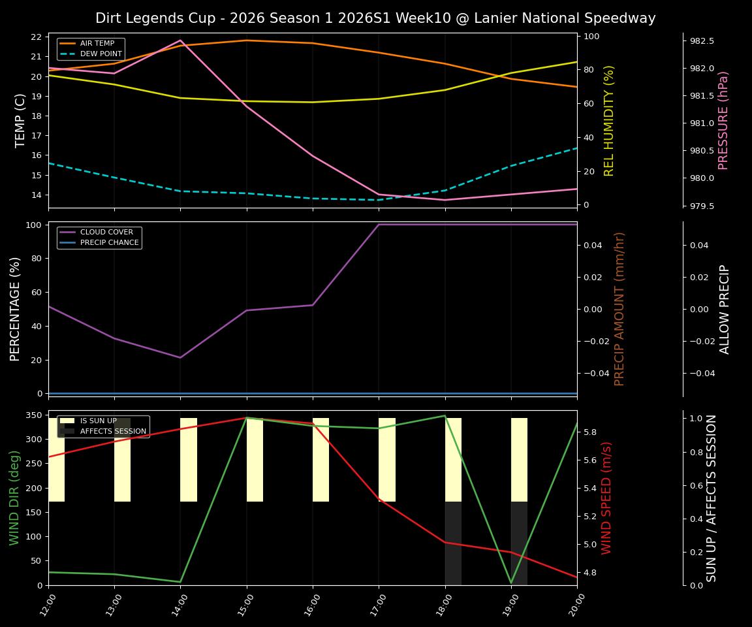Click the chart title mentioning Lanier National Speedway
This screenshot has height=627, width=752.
[x=375, y=18]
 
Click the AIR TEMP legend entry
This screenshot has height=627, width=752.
[x=97, y=44]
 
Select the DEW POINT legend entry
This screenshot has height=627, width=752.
[x=101, y=54]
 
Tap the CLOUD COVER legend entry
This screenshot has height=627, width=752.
[x=106, y=233]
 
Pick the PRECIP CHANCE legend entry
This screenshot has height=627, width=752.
[x=109, y=243]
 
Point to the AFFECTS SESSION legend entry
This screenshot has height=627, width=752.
[x=113, y=431]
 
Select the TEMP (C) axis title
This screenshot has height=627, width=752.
[x=20, y=120]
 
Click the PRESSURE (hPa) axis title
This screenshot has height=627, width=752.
[x=723, y=120]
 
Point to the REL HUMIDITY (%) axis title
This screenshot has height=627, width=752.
[x=609, y=120]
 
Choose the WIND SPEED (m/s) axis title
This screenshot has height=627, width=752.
[x=607, y=498]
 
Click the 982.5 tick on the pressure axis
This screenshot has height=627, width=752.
[x=702, y=41]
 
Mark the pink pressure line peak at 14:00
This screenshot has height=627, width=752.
[x=181, y=40]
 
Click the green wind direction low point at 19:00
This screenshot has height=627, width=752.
[x=511, y=583]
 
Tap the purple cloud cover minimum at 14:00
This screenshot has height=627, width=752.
[x=181, y=357]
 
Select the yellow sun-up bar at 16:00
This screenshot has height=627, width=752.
[x=321, y=460]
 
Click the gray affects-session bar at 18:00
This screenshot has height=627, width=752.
[x=453, y=543]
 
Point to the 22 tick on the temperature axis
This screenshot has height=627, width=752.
[x=37, y=37]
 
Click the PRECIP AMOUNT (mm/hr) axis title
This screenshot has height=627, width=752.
[x=619, y=308]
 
